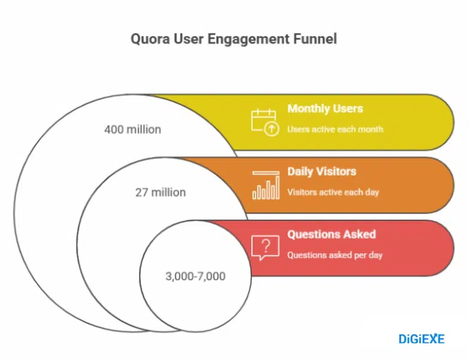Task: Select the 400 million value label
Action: pyautogui.click(x=133, y=129)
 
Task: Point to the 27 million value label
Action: pyautogui.click(x=160, y=193)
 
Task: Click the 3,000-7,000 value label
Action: pyautogui.click(x=195, y=276)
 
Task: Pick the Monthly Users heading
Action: pyautogui.click(x=324, y=109)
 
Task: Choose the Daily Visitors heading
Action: pyautogui.click(x=321, y=172)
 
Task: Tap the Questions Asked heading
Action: pyautogui.click(x=331, y=234)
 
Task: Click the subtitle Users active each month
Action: pyautogui.click(x=335, y=129)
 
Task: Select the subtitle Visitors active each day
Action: pyautogui.click(x=333, y=193)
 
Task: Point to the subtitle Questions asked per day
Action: pyautogui.click(x=335, y=255)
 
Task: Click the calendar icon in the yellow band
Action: pyautogui.click(x=264, y=121)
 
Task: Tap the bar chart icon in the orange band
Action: pyautogui.click(x=266, y=185)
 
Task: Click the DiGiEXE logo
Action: pyautogui.click(x=422, y=339)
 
